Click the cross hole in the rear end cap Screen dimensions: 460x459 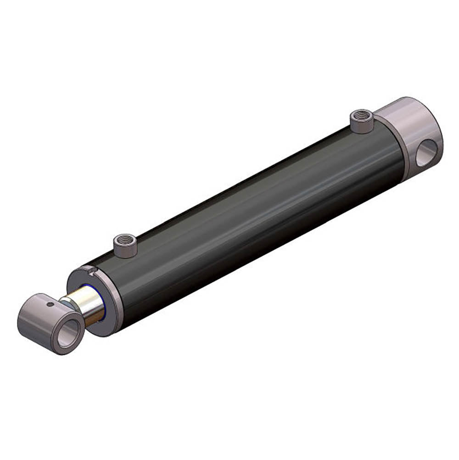pos(426,153)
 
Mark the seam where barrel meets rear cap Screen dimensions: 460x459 pos(399,151)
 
